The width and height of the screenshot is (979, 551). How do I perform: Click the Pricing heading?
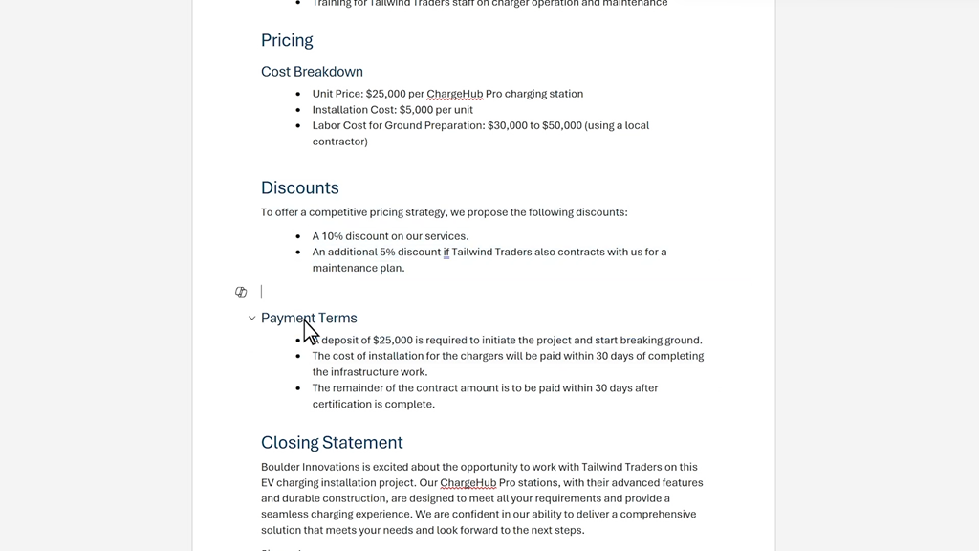point(287,40)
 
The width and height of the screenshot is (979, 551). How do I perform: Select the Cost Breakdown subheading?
point(312,72)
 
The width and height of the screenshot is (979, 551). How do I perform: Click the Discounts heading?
point(299,187)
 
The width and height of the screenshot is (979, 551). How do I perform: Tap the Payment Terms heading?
point(309,318)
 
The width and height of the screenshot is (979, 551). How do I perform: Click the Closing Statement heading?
point(332,442)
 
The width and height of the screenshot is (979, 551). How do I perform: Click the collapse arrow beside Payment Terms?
point(251,318)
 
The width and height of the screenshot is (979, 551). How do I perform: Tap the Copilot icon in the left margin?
point(241,292)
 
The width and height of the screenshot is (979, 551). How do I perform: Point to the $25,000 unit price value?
point(387,94)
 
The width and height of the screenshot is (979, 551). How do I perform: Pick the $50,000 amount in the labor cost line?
point(562,125)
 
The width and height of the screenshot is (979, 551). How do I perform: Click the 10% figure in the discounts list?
point(332,236)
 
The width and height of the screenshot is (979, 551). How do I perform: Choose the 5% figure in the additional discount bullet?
point(387,253)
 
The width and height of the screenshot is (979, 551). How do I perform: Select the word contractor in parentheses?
point(339,142)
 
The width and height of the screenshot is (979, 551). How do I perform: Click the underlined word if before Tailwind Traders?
point(446,253)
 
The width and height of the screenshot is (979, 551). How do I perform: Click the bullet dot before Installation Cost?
point(299,110)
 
